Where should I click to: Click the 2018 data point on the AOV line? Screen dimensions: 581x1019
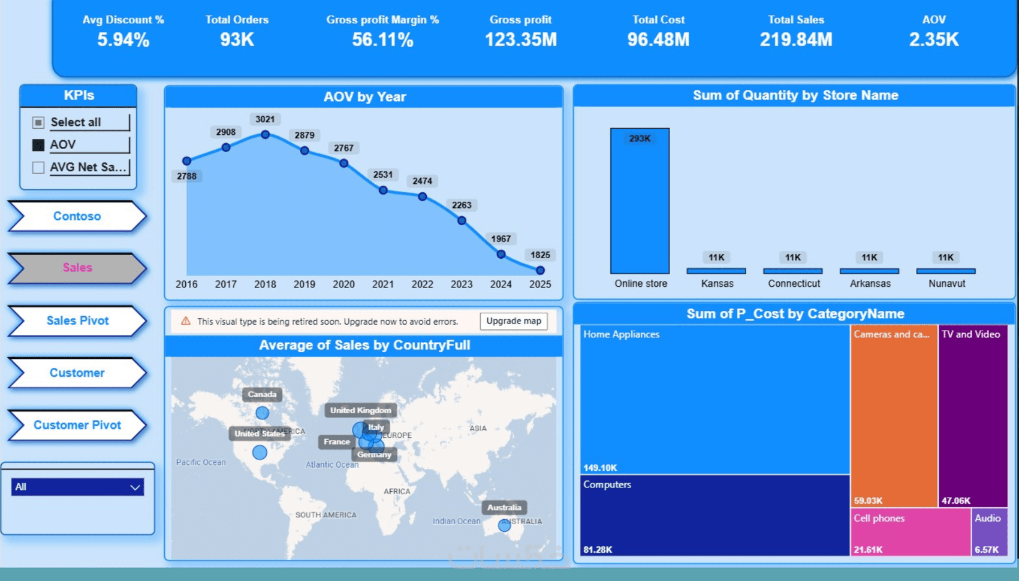(265, 135)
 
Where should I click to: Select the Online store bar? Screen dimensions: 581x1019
(640, 201)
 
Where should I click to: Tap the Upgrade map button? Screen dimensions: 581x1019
(514, 321)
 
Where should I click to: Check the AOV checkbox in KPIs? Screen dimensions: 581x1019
(38, 145)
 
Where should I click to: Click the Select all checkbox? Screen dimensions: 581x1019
(38, 122)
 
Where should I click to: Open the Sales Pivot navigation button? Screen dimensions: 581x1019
(77, 320)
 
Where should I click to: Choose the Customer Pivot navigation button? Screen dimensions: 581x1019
(77, 425)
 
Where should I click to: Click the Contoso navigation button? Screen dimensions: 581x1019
(77, 216)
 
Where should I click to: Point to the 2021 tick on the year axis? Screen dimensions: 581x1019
(382, 284)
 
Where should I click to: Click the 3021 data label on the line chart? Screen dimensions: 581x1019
(265, 119)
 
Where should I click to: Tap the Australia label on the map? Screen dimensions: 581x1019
(504, 507)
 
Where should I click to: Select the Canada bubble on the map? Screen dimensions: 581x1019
(262, 413)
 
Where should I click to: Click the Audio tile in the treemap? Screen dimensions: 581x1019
(989, 532)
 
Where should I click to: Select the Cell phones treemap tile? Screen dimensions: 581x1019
(911, 532)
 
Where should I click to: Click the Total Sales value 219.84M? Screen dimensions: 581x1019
(796, 40)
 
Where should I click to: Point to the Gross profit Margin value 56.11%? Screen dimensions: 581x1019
(382, 40)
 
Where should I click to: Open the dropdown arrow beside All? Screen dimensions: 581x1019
(135, 487)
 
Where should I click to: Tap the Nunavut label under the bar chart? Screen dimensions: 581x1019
(946, 283)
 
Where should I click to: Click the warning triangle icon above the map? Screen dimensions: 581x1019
(186, 321)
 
